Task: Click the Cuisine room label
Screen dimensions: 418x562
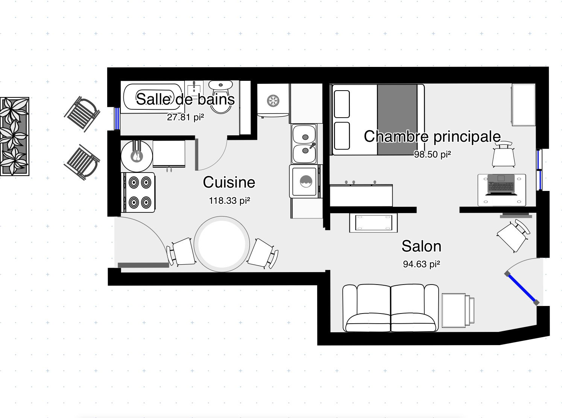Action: pos(229,182)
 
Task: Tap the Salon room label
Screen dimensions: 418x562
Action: pos(421,246)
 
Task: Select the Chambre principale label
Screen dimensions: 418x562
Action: pos(432,136)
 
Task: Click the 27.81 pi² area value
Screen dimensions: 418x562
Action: pos(185,117)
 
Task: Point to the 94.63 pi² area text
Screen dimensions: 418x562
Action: pos(421,264)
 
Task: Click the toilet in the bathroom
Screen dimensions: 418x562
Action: pos(221,97)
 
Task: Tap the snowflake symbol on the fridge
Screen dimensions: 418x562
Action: pos(272,100)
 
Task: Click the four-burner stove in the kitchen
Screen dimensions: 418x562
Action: pos(138,192)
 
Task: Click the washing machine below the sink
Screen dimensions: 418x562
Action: pos(304,182)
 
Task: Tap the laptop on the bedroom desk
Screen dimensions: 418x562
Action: pos(501,185)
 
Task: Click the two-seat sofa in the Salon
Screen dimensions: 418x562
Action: pos(391,308)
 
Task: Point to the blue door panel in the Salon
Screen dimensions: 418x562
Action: pos(521,288)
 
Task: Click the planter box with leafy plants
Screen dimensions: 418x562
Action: pos(14,136)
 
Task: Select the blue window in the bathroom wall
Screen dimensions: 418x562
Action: pos(117,118)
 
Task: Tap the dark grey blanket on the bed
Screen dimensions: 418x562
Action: pos(397,119)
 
